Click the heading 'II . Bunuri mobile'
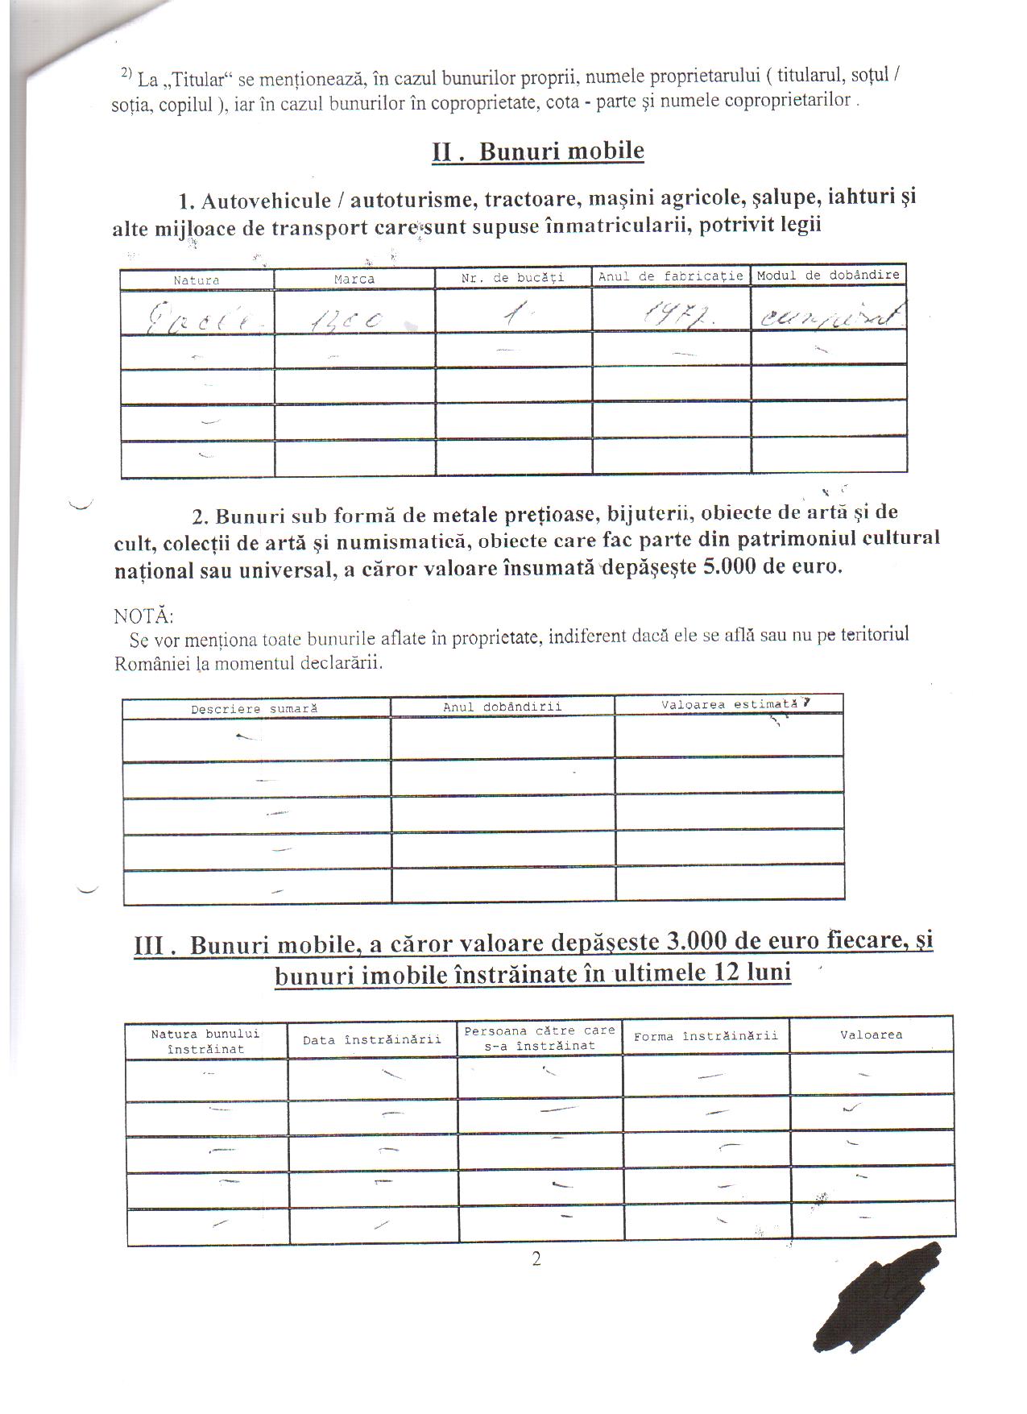[x=538, y=151]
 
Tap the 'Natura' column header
[x=197, y=280]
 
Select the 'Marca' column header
[x=354, y=279]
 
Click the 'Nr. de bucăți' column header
[x=513, y=277]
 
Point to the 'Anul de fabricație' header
[x=670, y=276]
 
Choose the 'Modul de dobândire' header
[x=828, y=275]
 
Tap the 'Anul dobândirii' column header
[x=502, y=707]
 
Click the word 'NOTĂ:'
[x=143, y=616]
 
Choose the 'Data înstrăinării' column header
[x=372, y=1039]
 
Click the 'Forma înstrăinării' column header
[x=706, y=1036]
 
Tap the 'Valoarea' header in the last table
[x=871, y=1035]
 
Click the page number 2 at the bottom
[x=536, y=1259]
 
